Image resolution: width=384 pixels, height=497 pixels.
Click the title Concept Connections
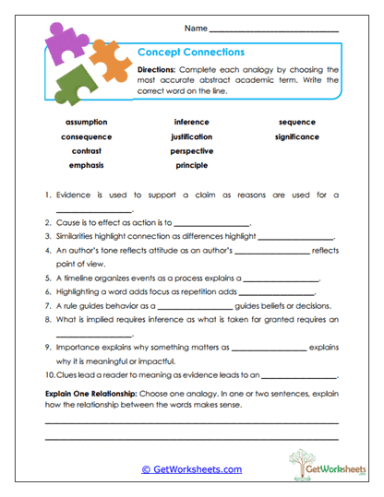pos(190,53)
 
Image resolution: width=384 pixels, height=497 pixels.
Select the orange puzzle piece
pos(110,62)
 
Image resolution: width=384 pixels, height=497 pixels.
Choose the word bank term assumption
pos(87,122)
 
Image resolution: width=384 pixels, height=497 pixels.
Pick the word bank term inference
pos(191,122)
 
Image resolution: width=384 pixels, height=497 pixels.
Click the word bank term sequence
pos(296,122)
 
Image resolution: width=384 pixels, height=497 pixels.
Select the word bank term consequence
pos(87,136)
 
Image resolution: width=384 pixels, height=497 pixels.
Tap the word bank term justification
pos(191,136)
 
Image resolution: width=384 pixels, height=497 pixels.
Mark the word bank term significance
pos(296,136)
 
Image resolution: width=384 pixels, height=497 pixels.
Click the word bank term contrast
pos(87,150)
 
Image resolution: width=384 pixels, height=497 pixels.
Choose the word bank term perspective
pos(191,150)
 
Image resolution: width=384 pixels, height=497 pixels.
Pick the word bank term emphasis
pos(87,165)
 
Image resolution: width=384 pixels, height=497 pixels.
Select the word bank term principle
pos(191,165)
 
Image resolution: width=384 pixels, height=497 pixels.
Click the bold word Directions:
pos(161,69)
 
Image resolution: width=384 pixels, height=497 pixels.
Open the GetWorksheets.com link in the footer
pos(191,468)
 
